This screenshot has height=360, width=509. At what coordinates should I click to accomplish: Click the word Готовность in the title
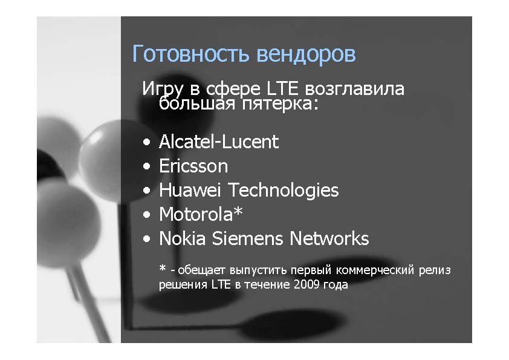(x=191, y=54)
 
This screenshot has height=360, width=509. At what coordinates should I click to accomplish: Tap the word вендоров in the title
(x=306, y=54)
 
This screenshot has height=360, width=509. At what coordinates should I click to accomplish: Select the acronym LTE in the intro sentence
(x=282, y=88)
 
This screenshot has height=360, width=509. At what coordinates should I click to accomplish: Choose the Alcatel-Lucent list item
(x=219, y=142)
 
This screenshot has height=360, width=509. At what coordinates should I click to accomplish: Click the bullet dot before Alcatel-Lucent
(x=147, y=142)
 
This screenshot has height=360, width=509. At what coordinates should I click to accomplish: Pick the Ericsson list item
(x=193, y=166)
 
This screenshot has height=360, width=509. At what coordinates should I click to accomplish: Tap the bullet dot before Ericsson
(x=147, y=166)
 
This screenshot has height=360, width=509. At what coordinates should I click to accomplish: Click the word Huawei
(x=190, y=190)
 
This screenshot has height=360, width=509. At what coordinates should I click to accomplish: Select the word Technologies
(x=284, y=191)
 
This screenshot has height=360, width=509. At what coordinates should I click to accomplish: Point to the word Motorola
(x=196, y=214)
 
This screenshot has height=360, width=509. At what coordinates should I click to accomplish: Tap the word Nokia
(x=182, y=238)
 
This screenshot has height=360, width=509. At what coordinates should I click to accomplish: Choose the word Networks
(x=329, y=238)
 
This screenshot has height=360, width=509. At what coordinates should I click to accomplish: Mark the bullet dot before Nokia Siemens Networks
(x=147, y=239)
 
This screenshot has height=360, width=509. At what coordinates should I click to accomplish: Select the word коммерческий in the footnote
(x=375, y=270)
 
